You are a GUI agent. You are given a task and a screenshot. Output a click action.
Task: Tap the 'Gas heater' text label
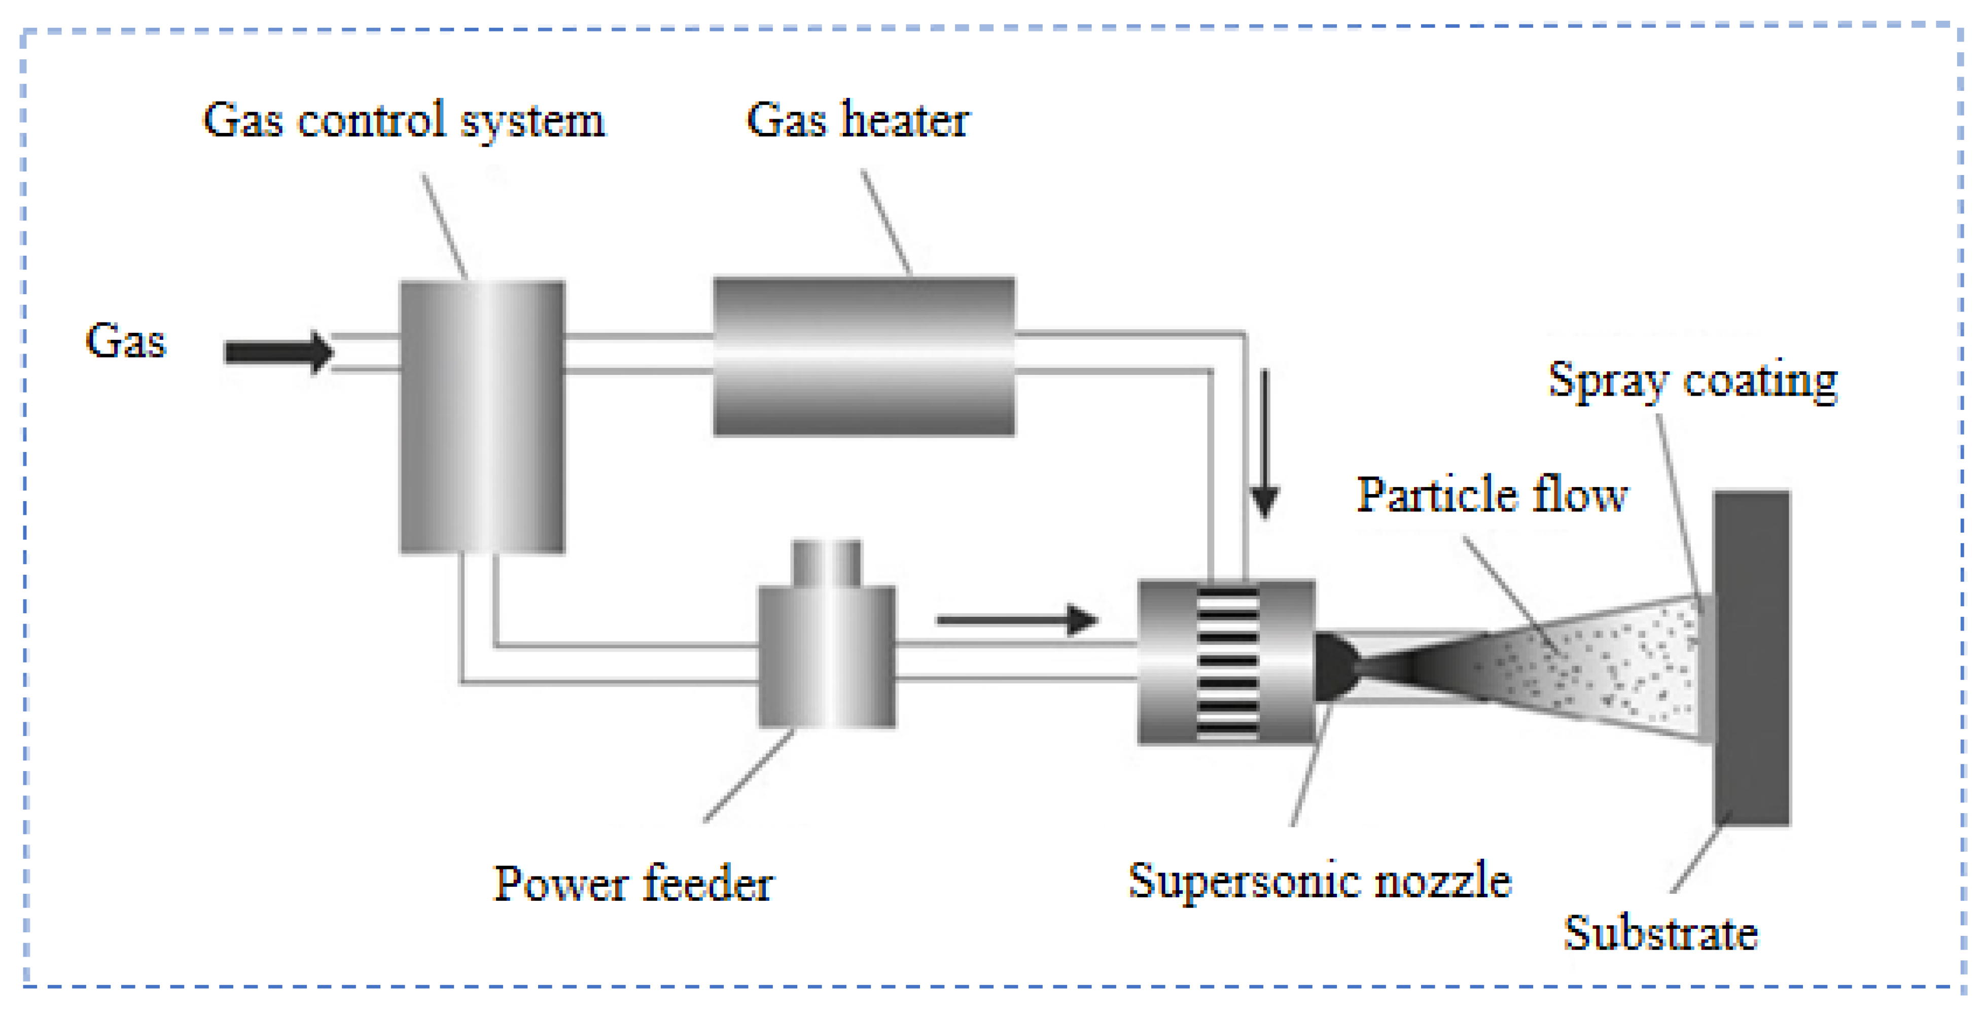(858, 120)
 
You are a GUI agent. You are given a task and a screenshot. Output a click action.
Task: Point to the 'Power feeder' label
(633, 883)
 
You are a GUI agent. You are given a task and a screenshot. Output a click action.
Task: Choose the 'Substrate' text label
(1660, 933)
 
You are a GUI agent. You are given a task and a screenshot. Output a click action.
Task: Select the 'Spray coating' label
(1692, 380)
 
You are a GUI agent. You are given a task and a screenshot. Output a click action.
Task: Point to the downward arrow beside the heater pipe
(1264, 446)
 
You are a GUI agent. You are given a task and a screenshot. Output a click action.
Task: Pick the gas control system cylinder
(482, 416)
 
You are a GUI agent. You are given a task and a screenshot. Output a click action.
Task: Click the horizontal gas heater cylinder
(864, 357)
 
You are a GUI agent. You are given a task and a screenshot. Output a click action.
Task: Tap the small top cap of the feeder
(826, 562)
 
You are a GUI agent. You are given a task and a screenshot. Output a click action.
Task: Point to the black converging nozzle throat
(1339, 667)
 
